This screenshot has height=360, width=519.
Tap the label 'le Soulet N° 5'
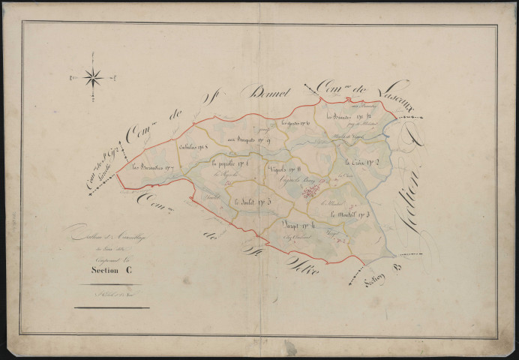(250, 201)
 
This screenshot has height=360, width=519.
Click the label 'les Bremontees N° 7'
(154, 166)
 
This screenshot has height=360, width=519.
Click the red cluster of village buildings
(308, 193)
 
